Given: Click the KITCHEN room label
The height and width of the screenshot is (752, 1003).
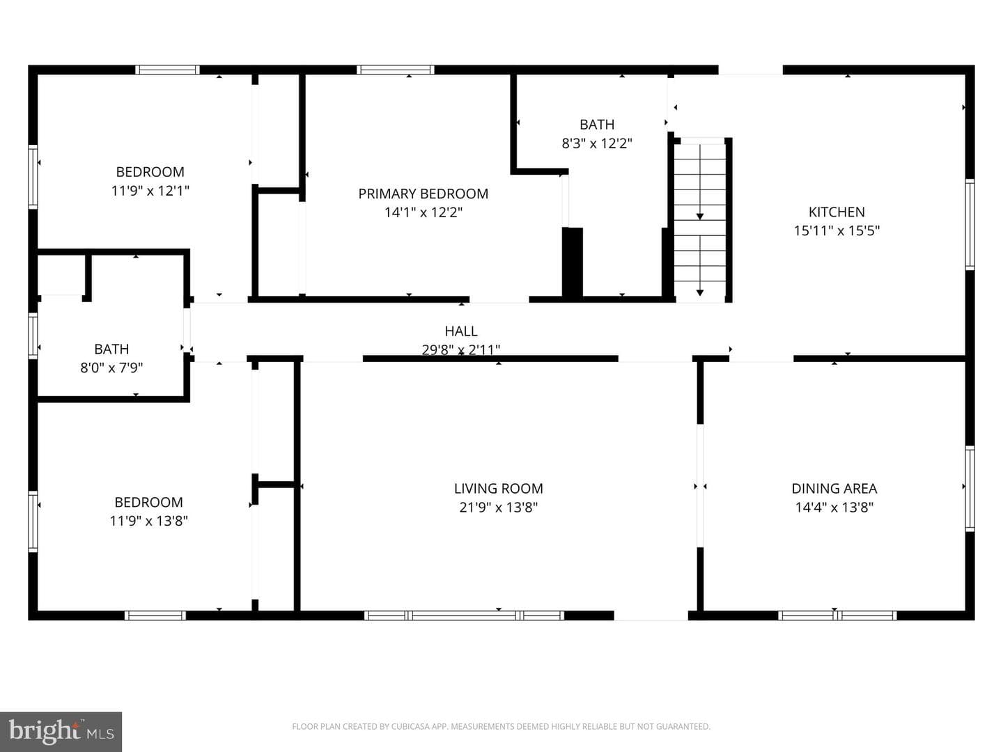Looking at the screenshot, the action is [x=837, y=212].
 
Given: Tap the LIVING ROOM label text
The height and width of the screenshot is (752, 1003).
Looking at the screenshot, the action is [x=499, y=489].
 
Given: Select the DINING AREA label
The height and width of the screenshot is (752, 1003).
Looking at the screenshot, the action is [x=834, y=489].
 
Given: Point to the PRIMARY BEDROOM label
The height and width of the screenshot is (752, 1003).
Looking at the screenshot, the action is [x=423, y=194].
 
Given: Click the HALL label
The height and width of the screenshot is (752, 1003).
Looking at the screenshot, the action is [x=461, y=331].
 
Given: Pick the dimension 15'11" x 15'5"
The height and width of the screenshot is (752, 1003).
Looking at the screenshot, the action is [x=837, y=230].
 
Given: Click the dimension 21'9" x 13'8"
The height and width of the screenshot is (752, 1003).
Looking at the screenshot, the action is [x=499, y=508].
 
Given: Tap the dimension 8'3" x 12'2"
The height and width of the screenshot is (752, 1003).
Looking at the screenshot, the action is [x=597, y=143].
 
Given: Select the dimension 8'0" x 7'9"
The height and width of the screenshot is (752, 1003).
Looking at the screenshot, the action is [x=111, y=368].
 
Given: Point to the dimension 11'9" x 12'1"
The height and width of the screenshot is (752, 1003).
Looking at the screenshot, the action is [x=150, y=190].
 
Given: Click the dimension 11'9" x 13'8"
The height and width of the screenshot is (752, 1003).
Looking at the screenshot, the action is [x=149, y=521].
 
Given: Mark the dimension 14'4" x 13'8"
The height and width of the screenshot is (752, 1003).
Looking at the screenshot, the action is [x=834, y=508].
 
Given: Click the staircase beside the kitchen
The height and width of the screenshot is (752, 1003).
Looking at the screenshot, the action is [x=700, y=220].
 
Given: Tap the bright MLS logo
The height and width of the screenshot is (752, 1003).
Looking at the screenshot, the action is [x=61, y=731].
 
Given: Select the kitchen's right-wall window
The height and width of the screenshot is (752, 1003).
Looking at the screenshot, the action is [x=970, y=225].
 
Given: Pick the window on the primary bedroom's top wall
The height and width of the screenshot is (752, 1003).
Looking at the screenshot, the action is [x=395, y=70].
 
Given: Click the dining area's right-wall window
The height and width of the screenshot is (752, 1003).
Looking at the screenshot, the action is [x=970, y=489].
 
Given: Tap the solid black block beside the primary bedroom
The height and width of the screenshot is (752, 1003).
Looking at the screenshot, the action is [x=572, y=263].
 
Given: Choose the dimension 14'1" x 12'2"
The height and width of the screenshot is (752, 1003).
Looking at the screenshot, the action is [x=423, y=212].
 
